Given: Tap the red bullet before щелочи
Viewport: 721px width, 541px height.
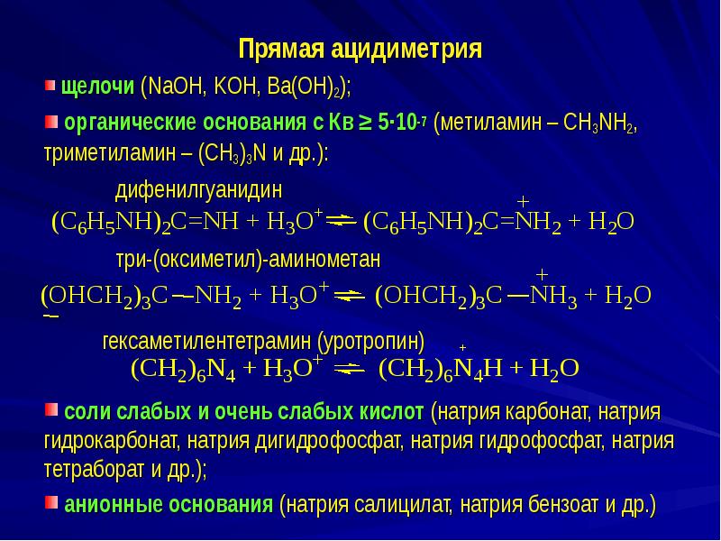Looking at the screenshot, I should coord(50,87).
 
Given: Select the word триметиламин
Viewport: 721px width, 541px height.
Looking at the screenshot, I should coord(96,152).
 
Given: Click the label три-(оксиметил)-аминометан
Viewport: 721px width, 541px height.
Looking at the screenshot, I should coord(248,260).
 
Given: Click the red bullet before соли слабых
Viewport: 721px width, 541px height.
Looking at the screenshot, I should coord(50,411).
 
